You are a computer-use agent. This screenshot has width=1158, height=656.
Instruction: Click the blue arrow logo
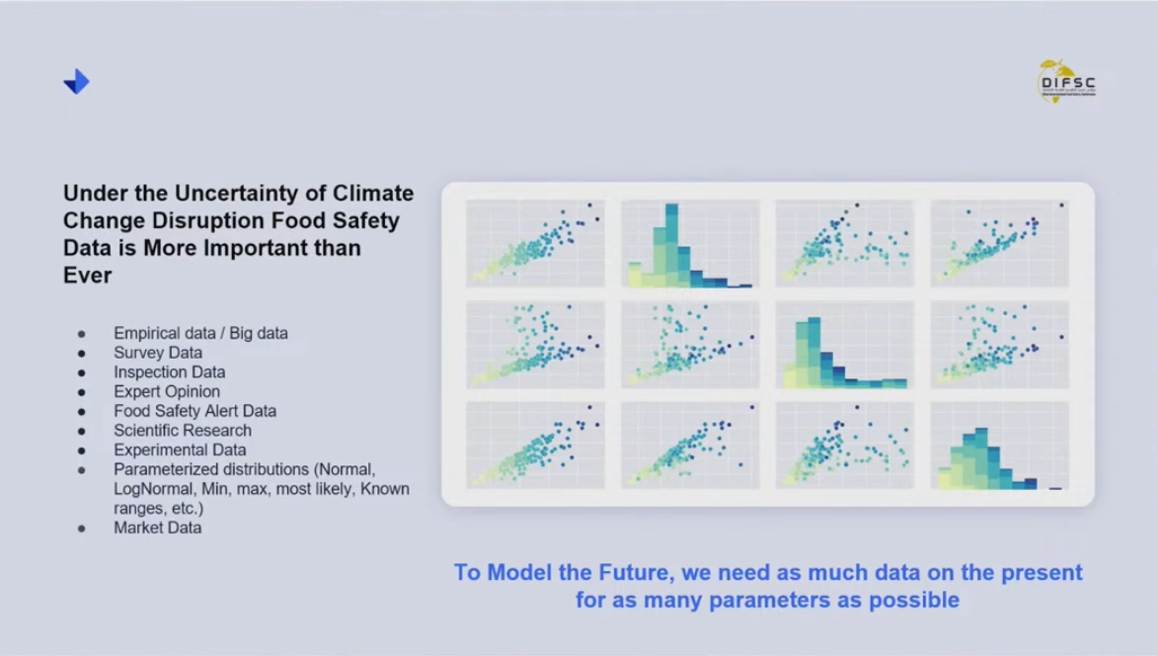pos(76,82)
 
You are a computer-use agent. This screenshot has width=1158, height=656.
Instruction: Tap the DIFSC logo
pos(1067,80)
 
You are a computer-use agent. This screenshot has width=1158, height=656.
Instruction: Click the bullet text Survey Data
pos(158,353)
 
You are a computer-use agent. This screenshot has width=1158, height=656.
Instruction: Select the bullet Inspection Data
pos(169,372)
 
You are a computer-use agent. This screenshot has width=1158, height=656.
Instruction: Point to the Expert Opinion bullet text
pos(167,391)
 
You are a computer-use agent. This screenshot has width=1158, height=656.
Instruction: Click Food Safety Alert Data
pos(194,411)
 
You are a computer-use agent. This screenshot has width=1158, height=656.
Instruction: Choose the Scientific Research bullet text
pos(183,431)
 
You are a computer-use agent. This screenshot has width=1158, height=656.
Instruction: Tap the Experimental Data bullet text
pos(180,450)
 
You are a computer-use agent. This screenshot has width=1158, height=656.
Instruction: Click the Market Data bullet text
pos(157,528)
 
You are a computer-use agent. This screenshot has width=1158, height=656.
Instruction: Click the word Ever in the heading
pos(87,276)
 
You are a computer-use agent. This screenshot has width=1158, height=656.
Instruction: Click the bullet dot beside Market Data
pos(81,529)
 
